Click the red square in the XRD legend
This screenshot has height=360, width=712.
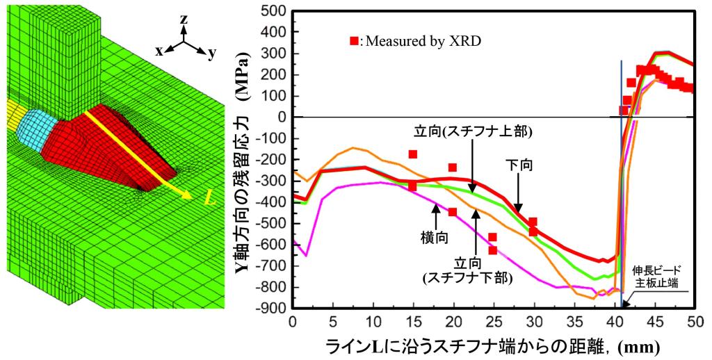[x=355, y=42]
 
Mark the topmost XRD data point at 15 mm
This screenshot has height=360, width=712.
[x=413, y=154]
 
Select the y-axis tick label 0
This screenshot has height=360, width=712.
[x=281, y=117]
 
